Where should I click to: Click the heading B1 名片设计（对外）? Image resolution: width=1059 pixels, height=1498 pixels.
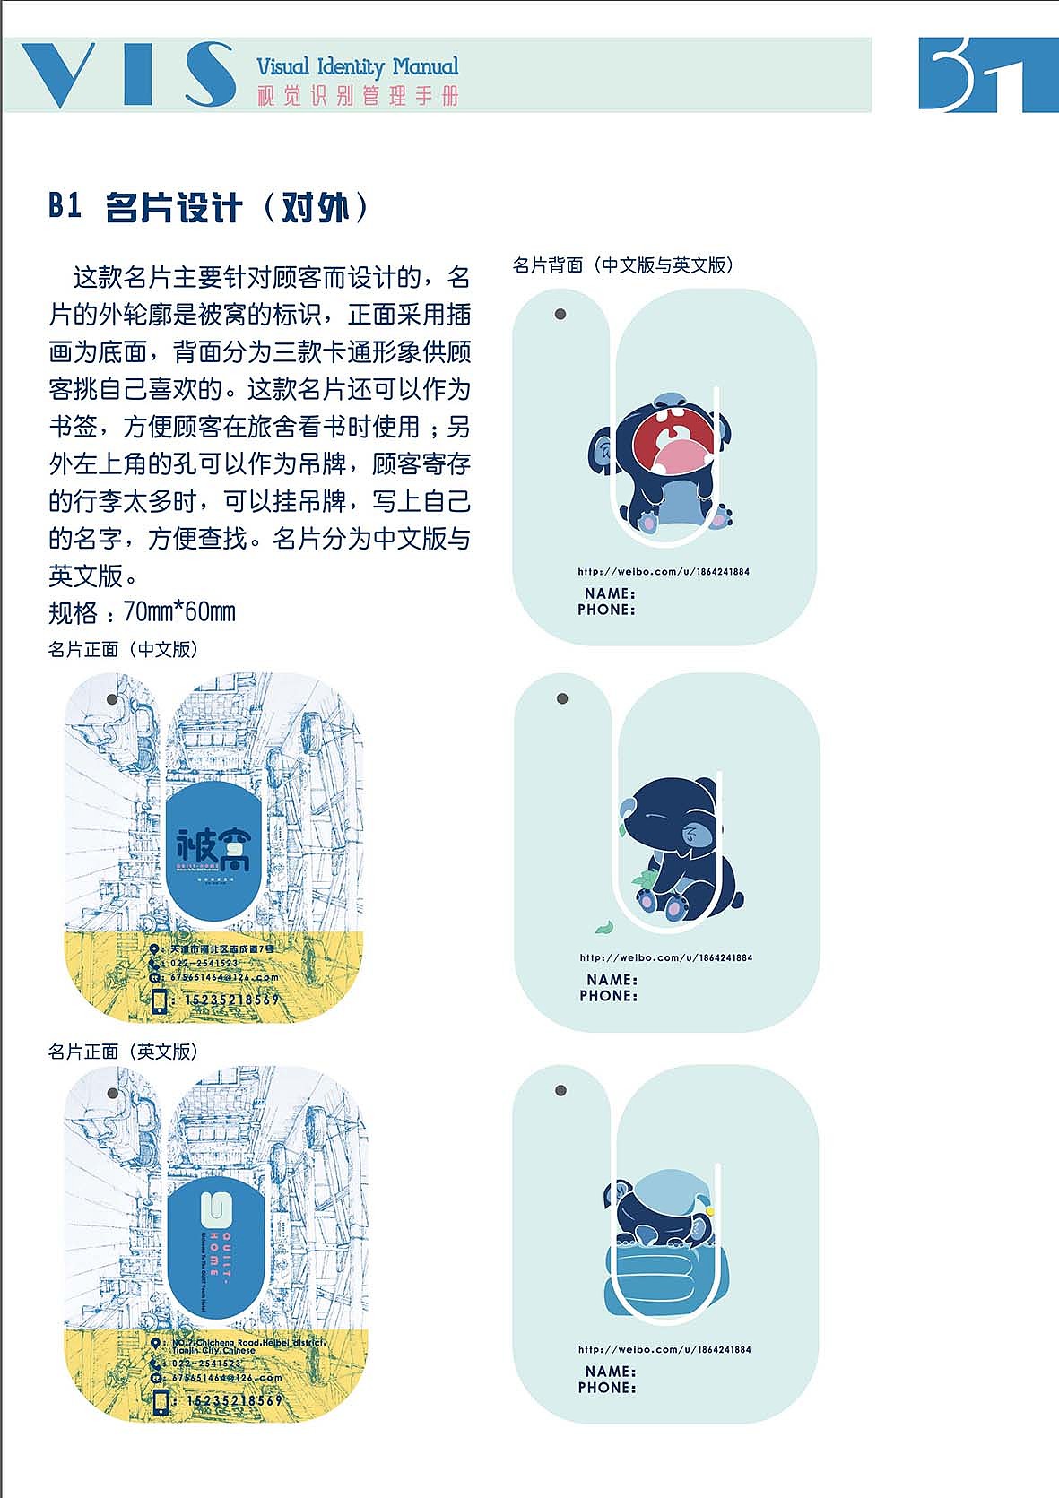[x=208, y=208]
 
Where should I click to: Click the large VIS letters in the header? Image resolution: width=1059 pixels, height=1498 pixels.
[x=126, y=75]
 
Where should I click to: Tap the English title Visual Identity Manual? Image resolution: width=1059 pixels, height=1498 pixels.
[x=357, y=66]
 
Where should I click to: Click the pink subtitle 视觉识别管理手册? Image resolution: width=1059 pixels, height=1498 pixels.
[x=357, y=96]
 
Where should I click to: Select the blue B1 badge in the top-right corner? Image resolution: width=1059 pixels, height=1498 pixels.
[x=986, y=75]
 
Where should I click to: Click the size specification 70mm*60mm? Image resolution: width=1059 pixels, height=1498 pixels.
[x=179, y=612]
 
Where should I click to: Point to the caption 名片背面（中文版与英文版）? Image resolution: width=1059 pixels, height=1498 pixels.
[x=623, y=265]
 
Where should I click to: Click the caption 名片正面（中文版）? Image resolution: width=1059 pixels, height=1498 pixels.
[x=123, y=649]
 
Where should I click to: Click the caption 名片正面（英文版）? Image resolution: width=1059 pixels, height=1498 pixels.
[x=123, y=1052]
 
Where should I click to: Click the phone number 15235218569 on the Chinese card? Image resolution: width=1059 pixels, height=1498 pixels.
[x=232, y=1000]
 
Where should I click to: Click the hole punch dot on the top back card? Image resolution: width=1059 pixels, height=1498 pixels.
[x=560, y=315]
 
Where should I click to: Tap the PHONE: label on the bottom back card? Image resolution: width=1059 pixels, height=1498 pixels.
[x=607, y=1388]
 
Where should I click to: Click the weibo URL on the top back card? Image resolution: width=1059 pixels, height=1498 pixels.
[x=664, y=571]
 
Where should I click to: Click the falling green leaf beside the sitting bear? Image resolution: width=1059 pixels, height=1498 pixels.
[x=603, y=927]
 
